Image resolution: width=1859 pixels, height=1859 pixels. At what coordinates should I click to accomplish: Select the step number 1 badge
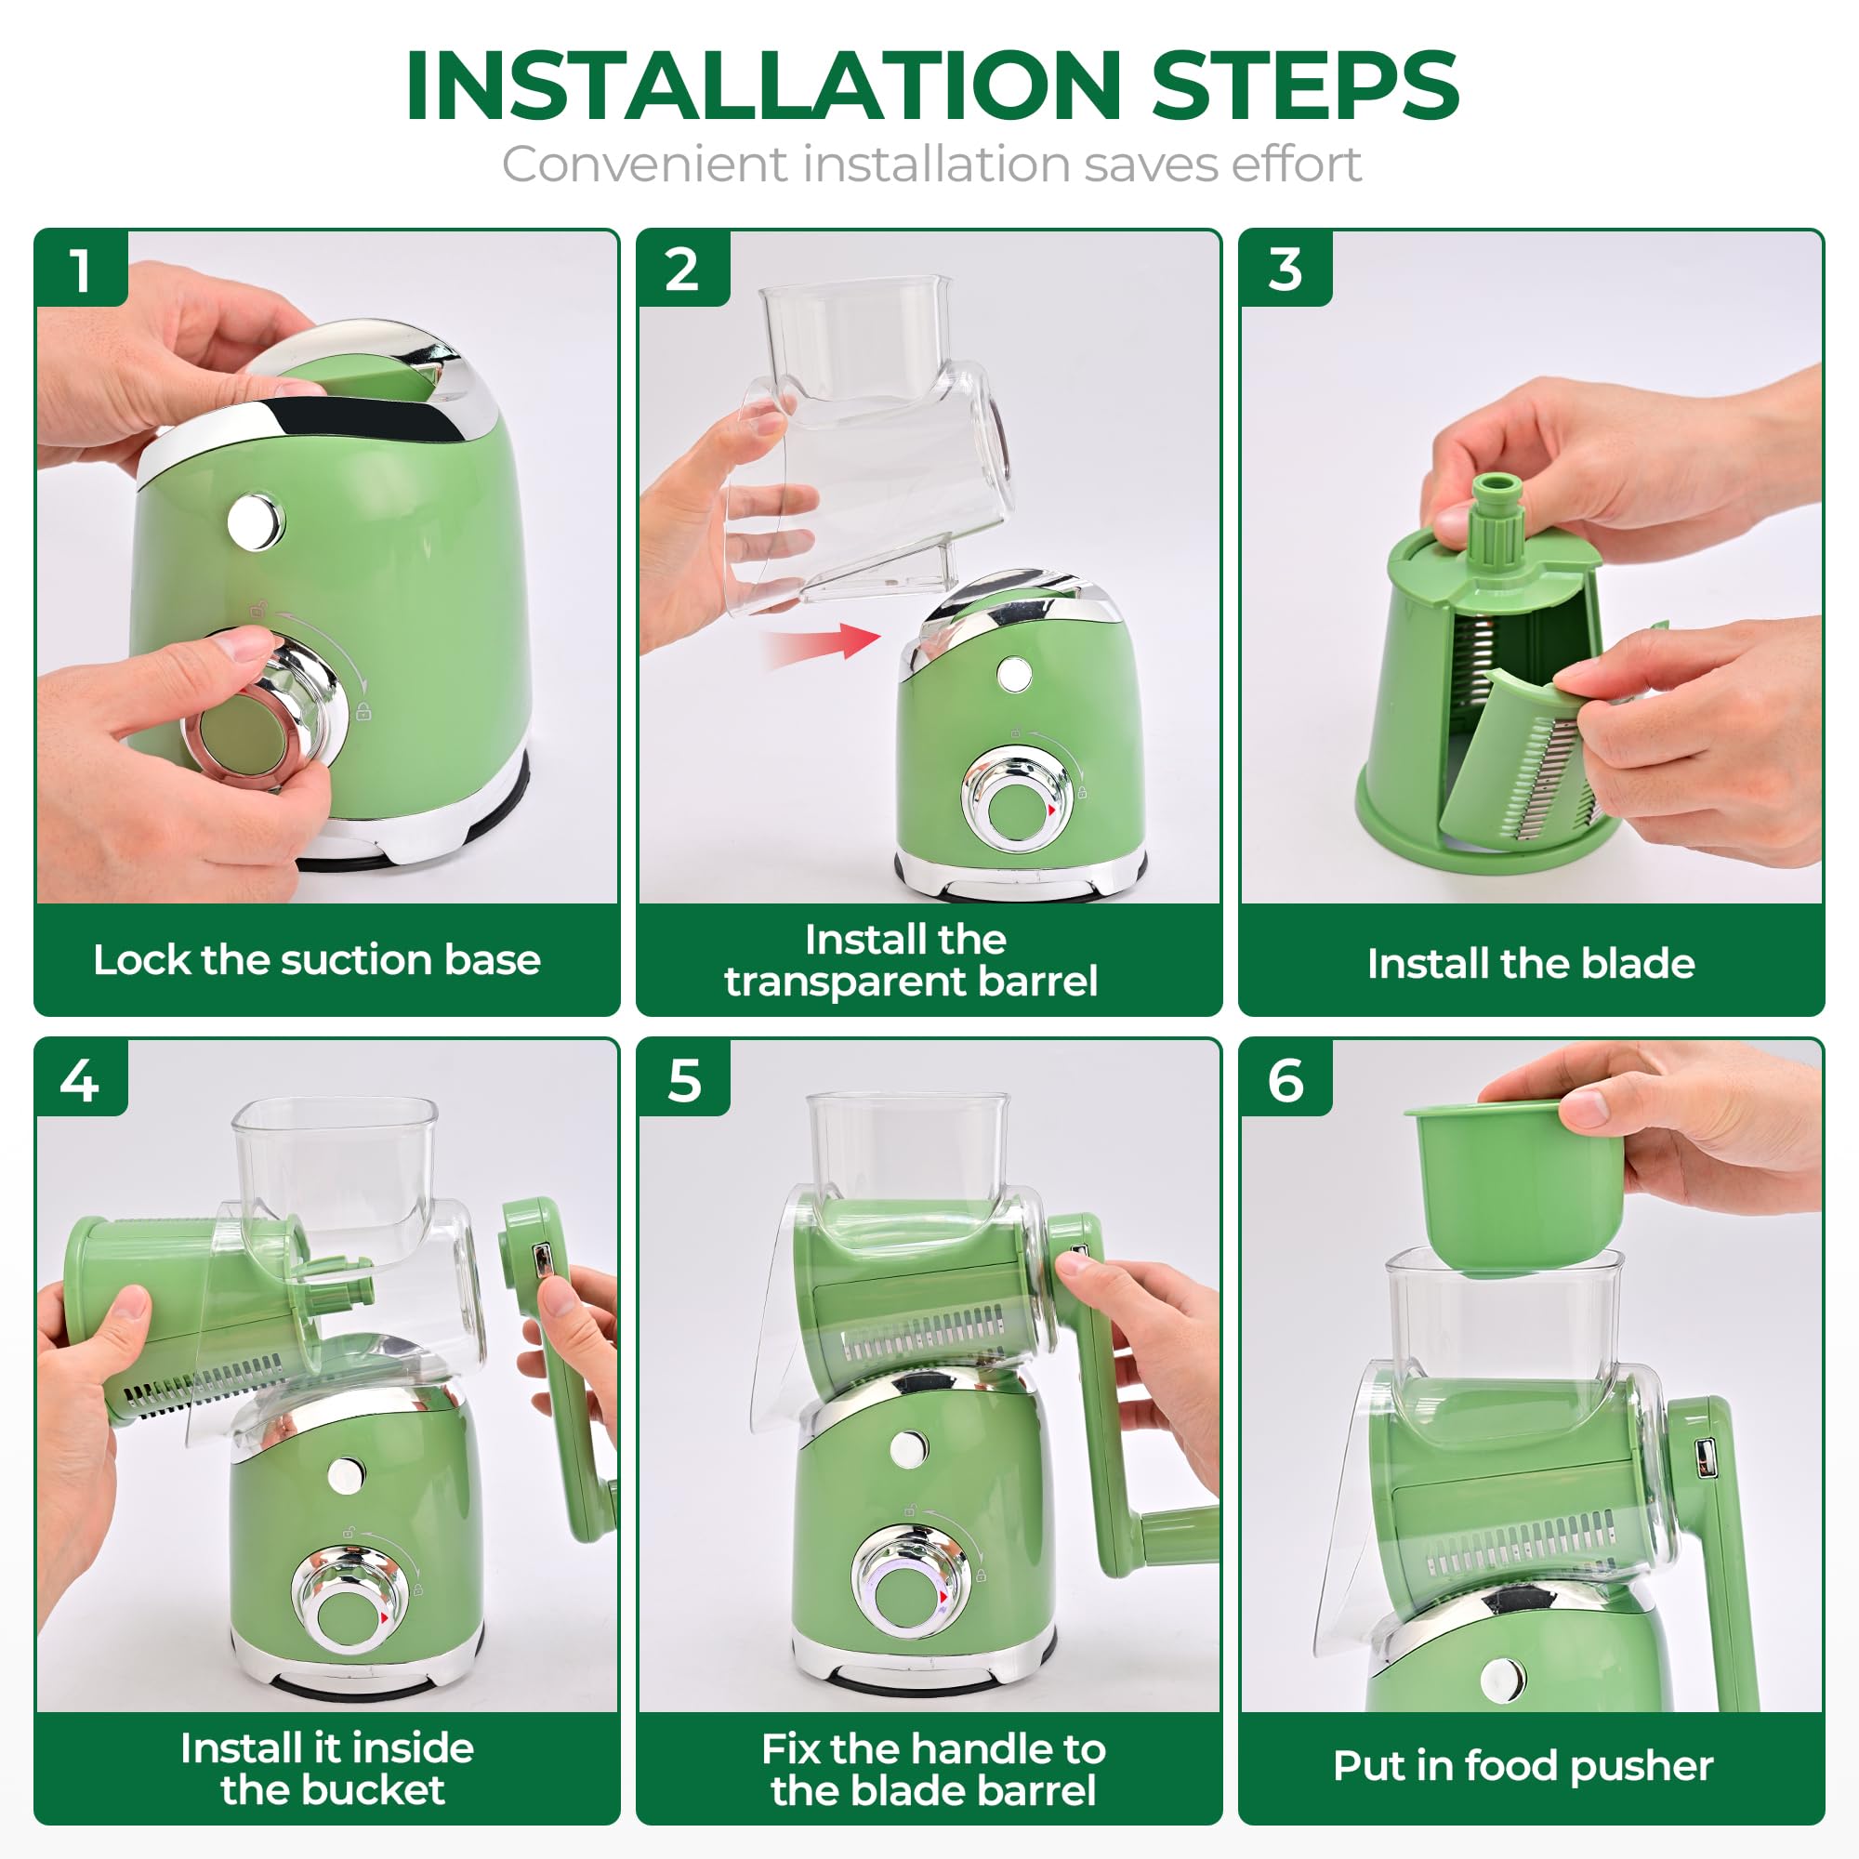pos(81,270)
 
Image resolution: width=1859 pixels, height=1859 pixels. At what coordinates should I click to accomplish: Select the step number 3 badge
pos(1285,270)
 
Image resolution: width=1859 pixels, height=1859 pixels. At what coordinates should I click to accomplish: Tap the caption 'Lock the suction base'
pos(317,959)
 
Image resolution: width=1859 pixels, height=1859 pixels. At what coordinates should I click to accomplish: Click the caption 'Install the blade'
pos(1530,963)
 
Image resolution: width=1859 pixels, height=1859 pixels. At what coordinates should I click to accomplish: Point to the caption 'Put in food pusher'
pos(1523,1765)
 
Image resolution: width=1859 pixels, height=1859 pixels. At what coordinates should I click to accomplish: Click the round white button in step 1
pos(256,521)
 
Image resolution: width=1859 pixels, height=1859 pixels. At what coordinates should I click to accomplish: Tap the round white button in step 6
pos(1502,1679)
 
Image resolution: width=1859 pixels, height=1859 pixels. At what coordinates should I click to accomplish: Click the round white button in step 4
pos(345,1475)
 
